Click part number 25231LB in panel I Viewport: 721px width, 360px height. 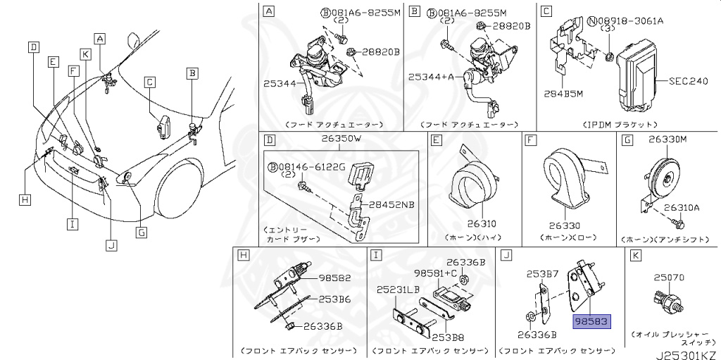point(398,289)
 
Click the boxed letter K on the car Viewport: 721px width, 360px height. point(84,54)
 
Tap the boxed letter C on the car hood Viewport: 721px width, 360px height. point(149,82)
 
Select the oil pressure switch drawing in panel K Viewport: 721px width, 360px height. point(668,300)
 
